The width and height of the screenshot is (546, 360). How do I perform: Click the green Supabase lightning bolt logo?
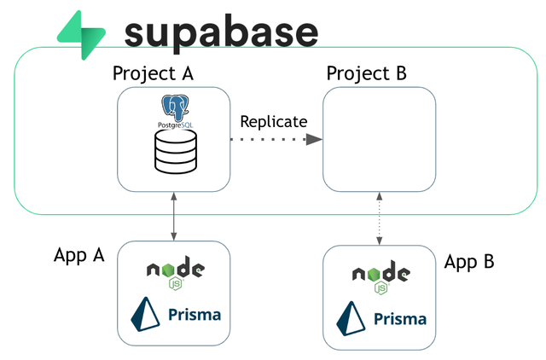tap(82, 35)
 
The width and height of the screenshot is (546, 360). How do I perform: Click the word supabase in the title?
tap(221, 34)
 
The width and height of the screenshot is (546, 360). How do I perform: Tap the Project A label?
tap(153, 74)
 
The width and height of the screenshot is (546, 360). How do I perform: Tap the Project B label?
tap(366, 74)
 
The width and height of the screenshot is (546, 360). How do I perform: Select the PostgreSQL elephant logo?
tap(175, 108)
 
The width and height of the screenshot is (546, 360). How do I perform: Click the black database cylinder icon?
tap(176, 152)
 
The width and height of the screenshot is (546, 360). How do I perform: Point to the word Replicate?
tap(274, 122)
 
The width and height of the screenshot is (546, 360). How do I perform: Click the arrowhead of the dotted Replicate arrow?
tap(314, 140)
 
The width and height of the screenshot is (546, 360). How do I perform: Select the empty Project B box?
tap(379, 139)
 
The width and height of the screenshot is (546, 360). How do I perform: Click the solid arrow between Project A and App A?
tap(174, 216)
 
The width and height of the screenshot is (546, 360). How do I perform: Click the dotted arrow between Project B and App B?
tap(379, 218)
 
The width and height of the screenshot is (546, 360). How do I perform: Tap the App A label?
tap(79, 255)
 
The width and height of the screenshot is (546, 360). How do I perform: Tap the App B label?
tap(469, 262)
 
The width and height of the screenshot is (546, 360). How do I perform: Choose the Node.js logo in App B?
tap(381, 277)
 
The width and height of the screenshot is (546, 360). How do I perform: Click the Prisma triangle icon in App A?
tap(145, 314)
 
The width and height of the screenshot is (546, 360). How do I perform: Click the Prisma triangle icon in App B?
tap(351, 318)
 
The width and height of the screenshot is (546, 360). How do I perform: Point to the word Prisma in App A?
tap(195, 315)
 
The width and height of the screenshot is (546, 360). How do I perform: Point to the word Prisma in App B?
tap(400, 319)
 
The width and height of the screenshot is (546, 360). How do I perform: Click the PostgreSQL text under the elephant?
tap(176, 125)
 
